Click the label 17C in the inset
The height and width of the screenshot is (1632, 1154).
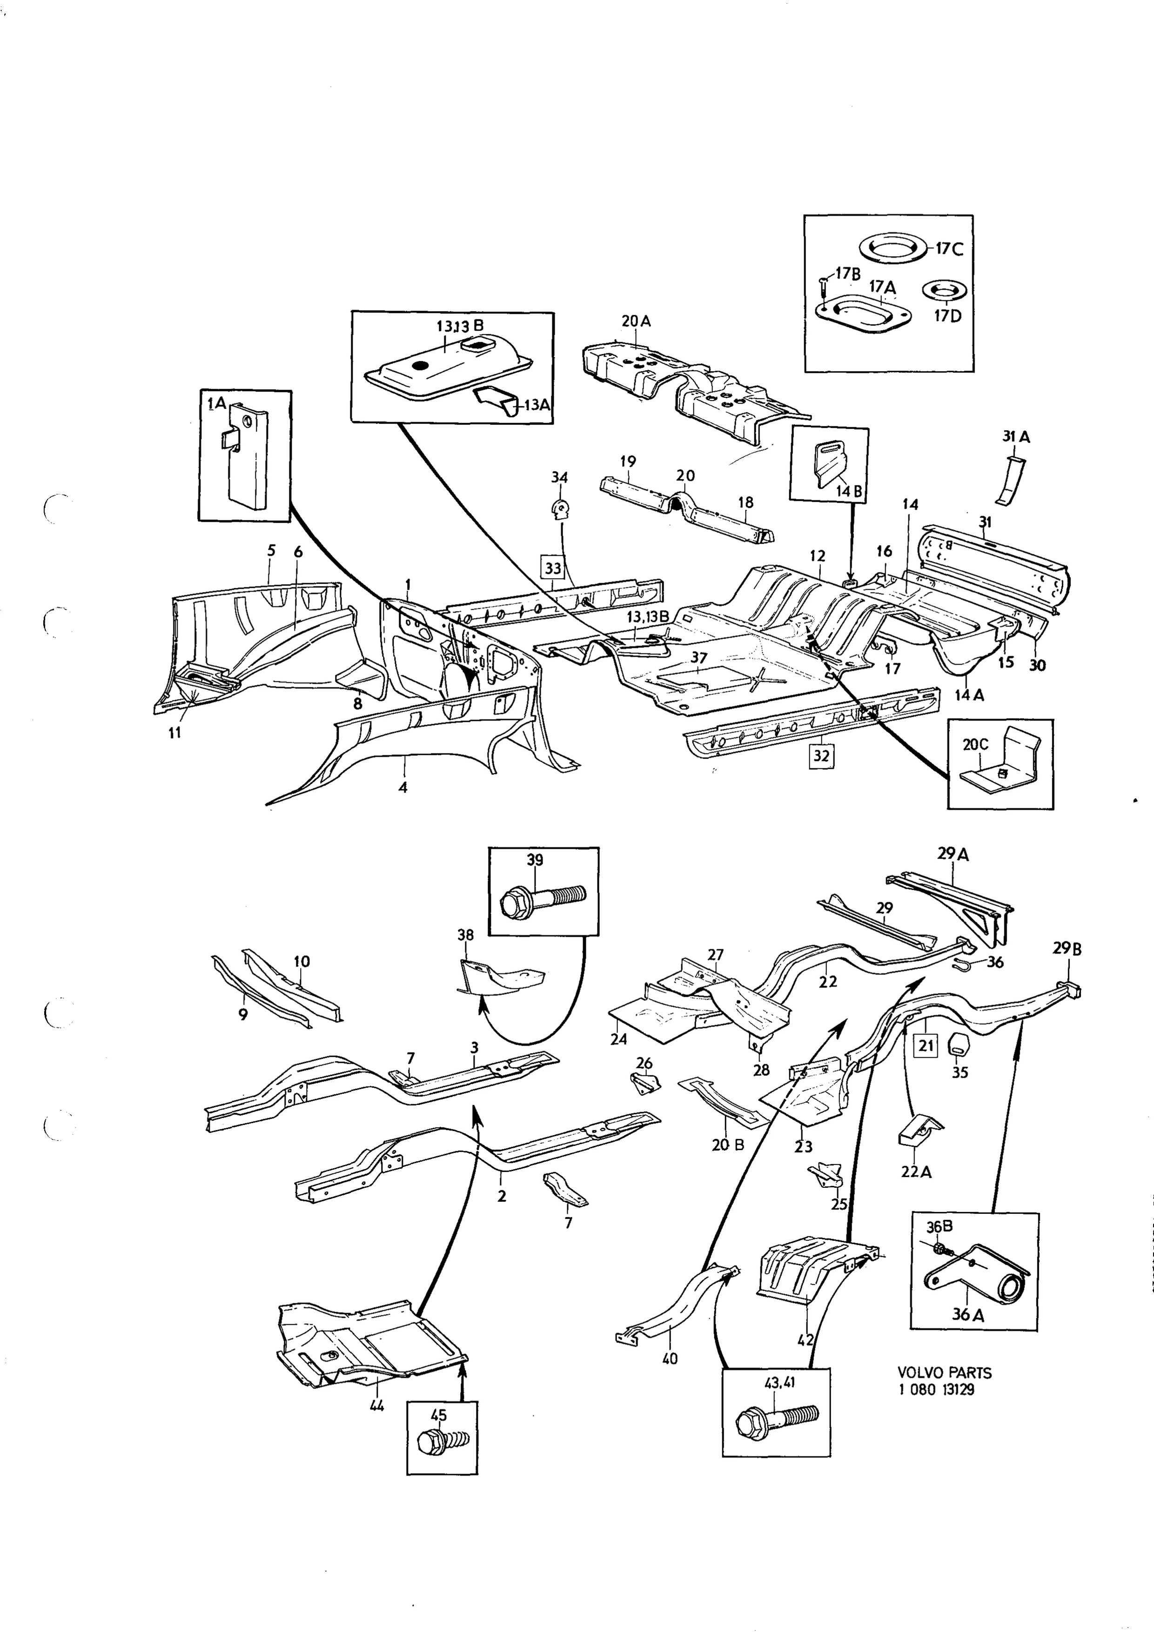click(x=948, y=249)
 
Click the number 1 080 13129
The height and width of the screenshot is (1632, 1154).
click(x=936, y=1389)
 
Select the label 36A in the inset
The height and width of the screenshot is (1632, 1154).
click(x=968, y=1314)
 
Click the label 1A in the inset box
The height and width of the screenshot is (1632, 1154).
click(x=216, y=404)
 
